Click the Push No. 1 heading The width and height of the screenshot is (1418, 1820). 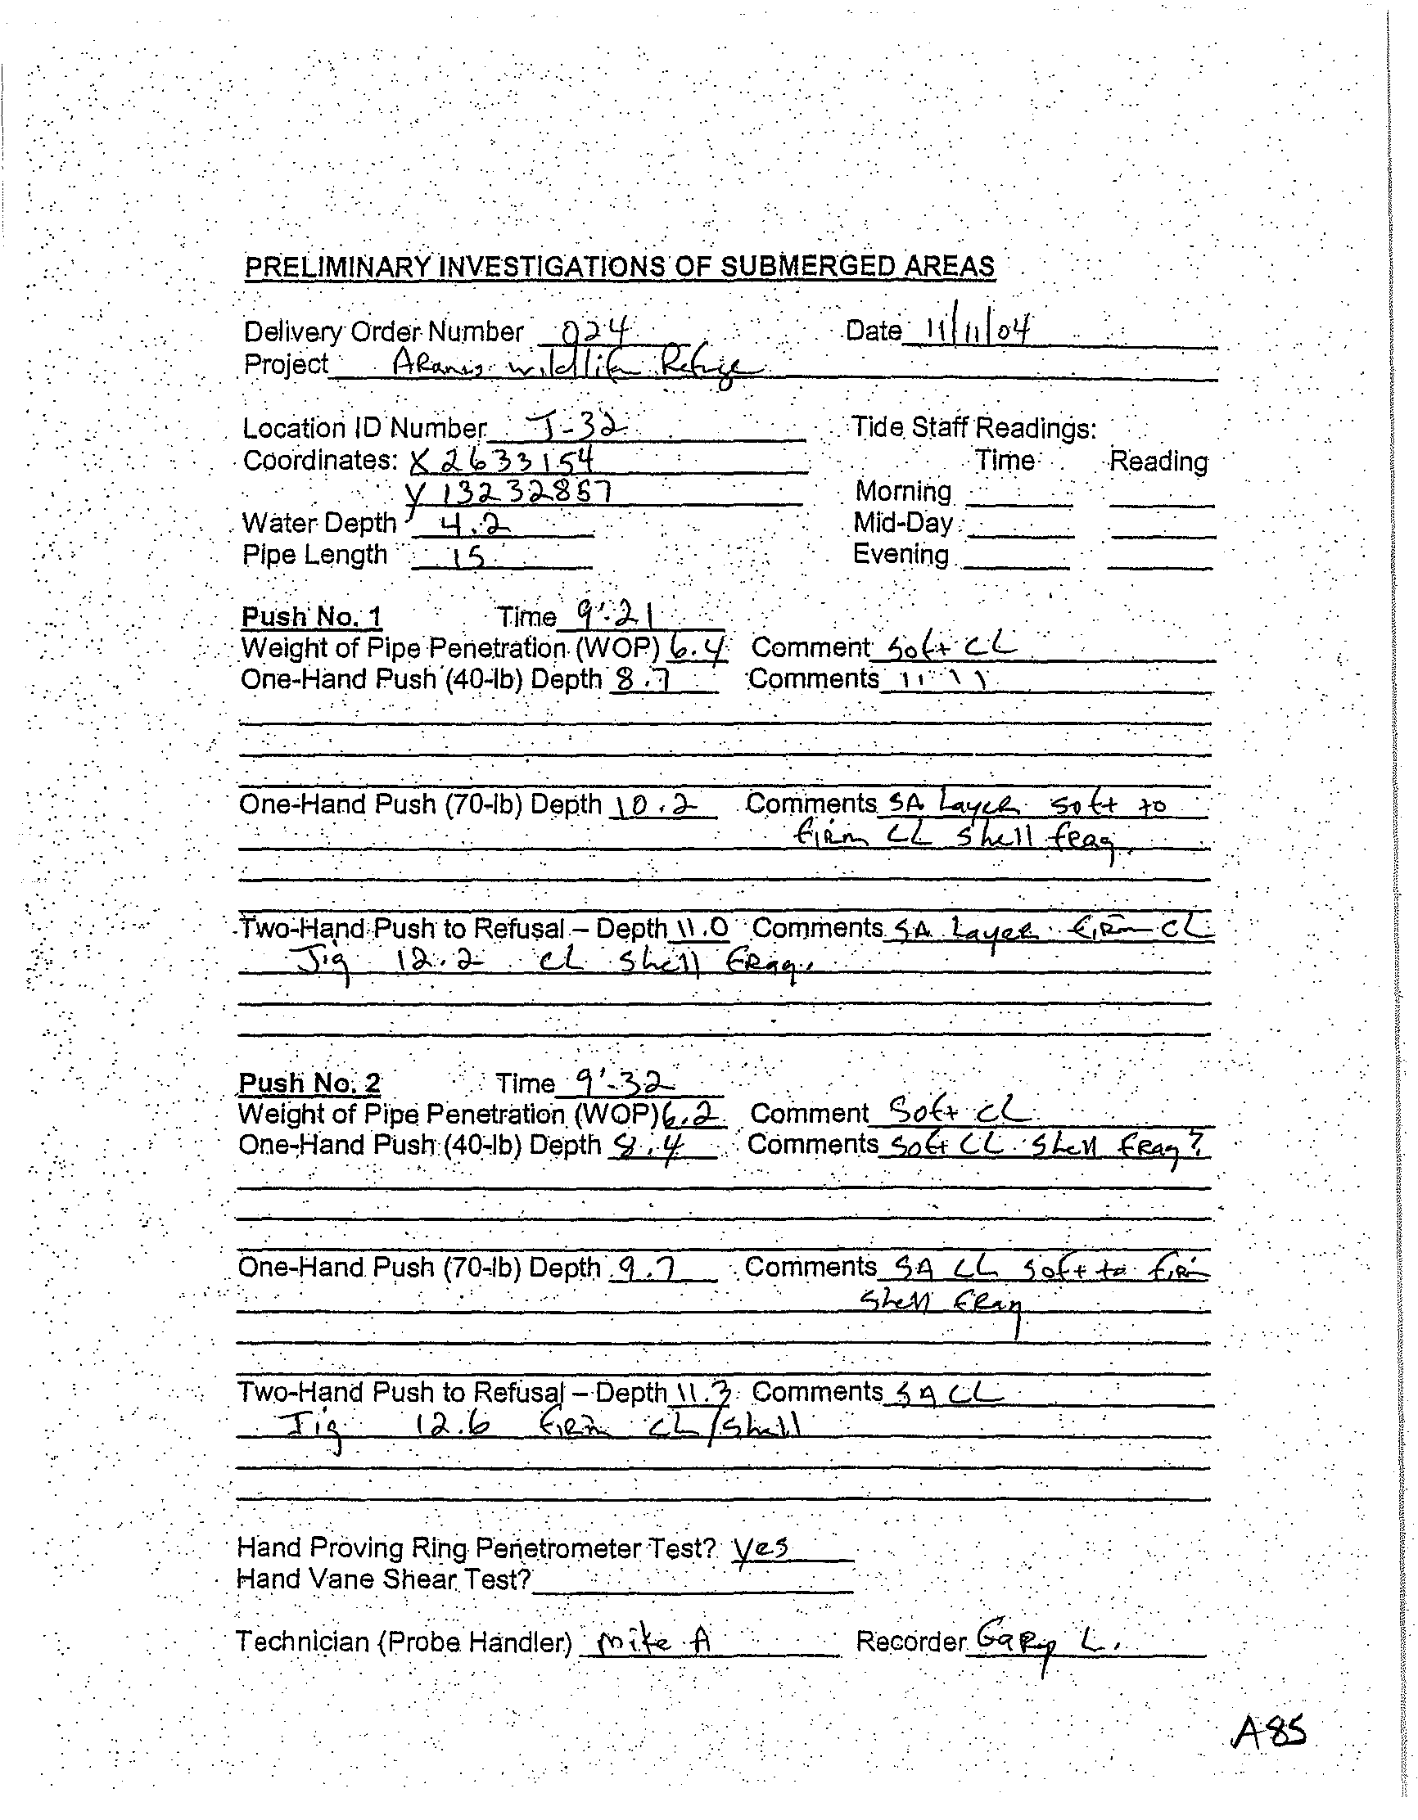tap(311, 617)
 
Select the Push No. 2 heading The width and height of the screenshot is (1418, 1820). tap(309, 1083)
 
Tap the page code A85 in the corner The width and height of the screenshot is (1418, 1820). tap(1267, 1733)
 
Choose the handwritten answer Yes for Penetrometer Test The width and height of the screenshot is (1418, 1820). tap(761, 1548)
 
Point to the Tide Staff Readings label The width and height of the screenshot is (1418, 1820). tap(973, 427)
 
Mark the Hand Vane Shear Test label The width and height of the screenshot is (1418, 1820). tap(384, 1579)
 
